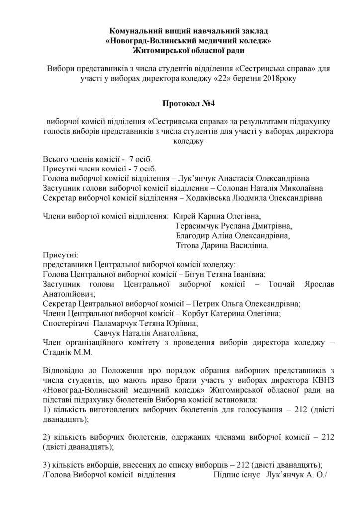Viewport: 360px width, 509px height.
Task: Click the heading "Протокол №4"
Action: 180,104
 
